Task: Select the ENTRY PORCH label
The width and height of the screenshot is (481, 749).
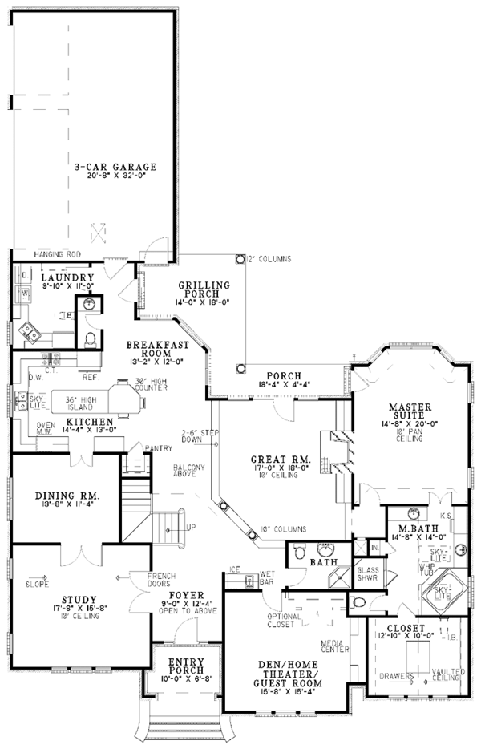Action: click(x=186, y=665)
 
